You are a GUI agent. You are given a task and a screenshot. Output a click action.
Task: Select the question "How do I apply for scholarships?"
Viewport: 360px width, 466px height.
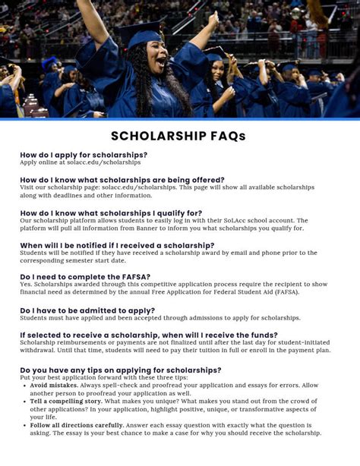(x=84, y=155)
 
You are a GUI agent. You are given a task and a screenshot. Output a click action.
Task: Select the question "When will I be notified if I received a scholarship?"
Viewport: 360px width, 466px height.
(x=117, y=246)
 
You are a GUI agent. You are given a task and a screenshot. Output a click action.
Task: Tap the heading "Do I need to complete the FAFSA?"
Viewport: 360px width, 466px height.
(x=85, y=277)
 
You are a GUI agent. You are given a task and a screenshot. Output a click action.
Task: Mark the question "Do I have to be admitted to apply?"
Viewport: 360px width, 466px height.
(x=87, y=310)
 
